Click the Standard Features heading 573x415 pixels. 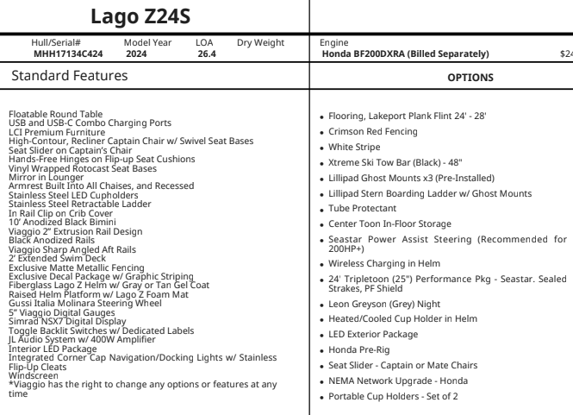68,77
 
